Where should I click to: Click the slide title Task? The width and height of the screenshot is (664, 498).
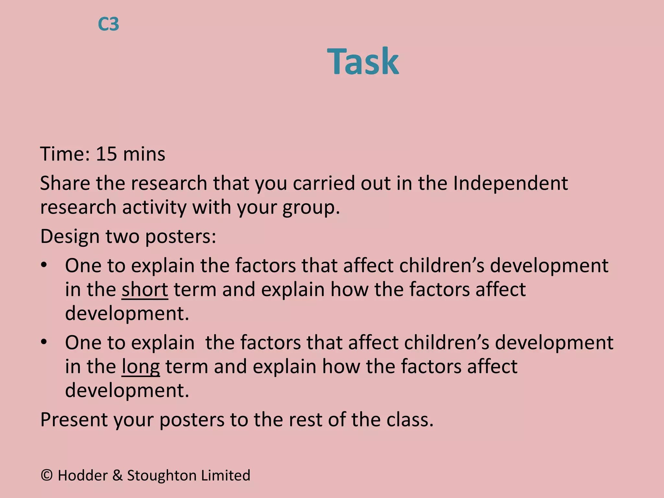pos(363,61)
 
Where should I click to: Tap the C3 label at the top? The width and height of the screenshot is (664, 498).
pos(108,24)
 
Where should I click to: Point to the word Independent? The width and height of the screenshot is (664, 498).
pos(510,183)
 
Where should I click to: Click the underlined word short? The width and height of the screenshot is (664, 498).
pos(145,290)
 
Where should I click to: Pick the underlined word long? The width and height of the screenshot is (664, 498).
pos(141,367)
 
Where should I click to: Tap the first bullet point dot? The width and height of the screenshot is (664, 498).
pos(44,265)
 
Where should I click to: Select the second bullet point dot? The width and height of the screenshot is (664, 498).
pos(44,342)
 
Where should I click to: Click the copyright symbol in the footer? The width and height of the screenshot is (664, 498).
pos(47,475)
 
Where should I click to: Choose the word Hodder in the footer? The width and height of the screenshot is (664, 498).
pos(83,475)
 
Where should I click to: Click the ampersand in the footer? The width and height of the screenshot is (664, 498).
pos(117,476)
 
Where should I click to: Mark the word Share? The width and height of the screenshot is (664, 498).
pos(65,183)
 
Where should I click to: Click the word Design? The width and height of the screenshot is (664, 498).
pos(70,237)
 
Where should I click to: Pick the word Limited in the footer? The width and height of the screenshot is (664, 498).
pos(226,475)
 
